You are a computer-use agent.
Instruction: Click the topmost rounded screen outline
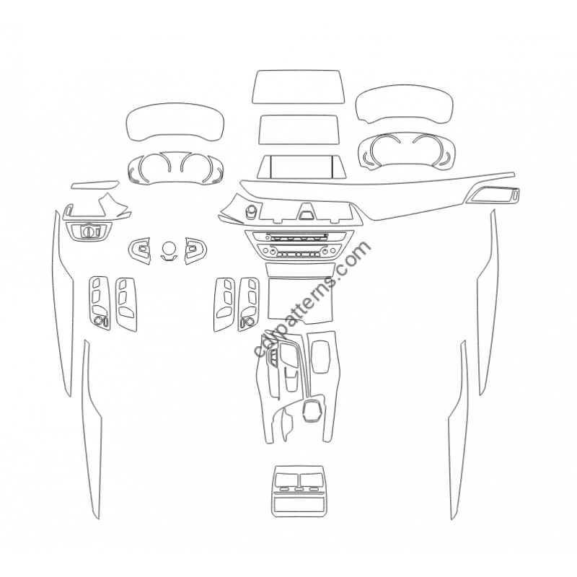tap(298, 87)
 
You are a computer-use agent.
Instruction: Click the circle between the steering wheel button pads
tap(169, 248)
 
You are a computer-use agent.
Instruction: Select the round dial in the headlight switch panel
tap(88, 231)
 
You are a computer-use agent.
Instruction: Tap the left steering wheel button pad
tap(140, 250)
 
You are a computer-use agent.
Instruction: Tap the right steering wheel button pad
tap(195, 250)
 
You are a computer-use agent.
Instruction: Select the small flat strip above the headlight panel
tap(95, 185)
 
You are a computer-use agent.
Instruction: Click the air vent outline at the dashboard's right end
tap(493, 194)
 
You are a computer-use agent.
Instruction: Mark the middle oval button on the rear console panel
tap(299, 489)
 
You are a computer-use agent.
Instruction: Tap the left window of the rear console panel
tap(286, 480)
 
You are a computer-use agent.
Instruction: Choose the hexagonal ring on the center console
tap(312, 410)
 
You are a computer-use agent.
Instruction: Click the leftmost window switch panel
tap(100, 303)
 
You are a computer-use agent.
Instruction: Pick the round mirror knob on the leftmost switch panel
tap(98, 320)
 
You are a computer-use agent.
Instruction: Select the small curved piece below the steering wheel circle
tap(169, 258)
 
